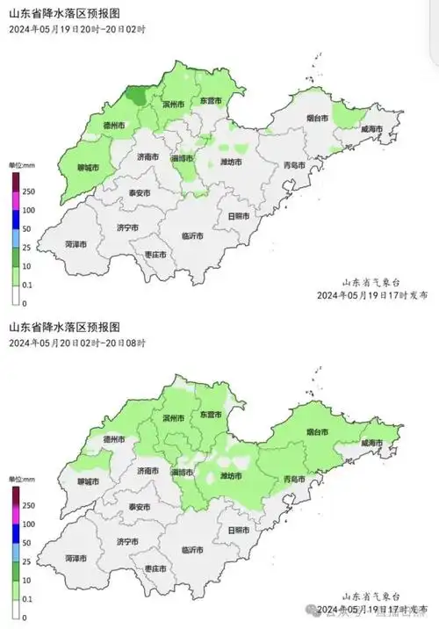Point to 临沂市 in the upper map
[192, 235]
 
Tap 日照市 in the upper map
[238, 215]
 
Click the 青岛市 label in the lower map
[294, 479]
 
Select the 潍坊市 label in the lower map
[230, 477]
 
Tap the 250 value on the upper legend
[29, 192]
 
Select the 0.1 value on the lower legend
[29, 597]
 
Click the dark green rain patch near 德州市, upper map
[136, 94]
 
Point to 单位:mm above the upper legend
[20, 164]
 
